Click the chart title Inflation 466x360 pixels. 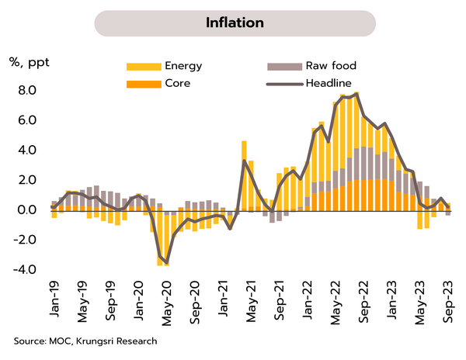(234, 22)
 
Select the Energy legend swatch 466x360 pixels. (141, 66)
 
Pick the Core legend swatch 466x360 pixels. (141, 82)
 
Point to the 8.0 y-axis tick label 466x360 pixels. (28, 91)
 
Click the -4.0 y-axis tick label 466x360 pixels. (26, 270)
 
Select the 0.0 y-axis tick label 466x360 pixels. (28, 210)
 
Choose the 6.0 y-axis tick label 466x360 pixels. (28, 120)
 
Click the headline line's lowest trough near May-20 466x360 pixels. (166, 263)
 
